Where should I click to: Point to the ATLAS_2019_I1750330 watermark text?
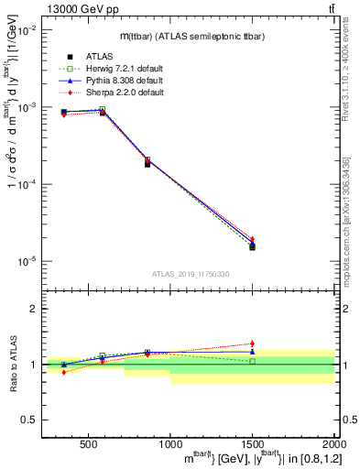[190, 274]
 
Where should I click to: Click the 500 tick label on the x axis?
[90, 443]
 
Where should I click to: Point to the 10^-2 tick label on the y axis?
[27, 30]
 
